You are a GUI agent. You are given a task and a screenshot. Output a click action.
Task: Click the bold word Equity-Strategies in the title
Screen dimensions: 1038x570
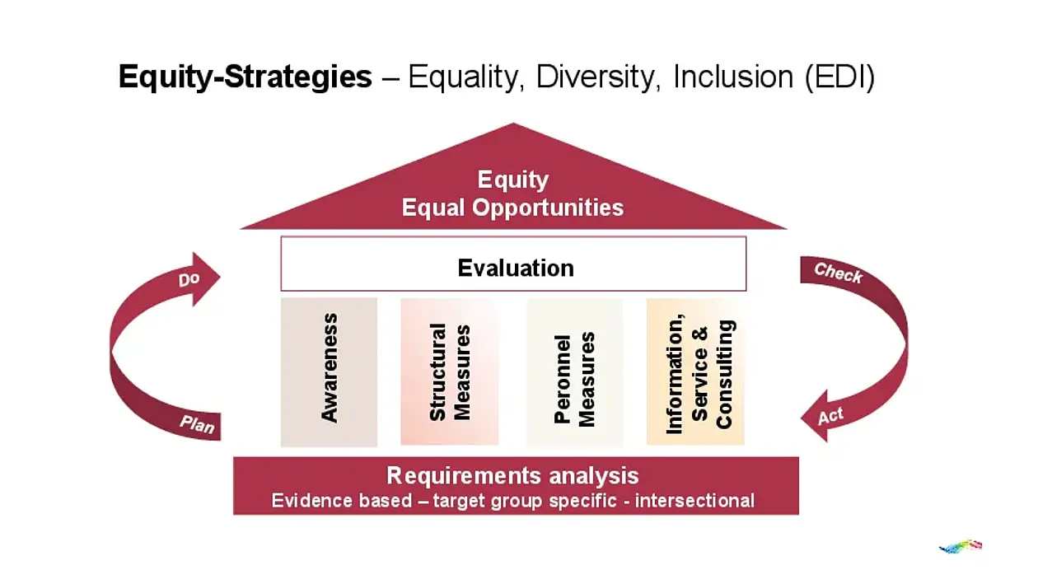245,77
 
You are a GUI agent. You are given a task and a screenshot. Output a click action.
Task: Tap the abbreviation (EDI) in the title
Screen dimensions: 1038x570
839,77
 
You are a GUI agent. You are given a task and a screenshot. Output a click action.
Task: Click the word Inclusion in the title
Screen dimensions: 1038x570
733,77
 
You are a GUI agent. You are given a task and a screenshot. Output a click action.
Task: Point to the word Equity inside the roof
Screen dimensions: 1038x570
513,180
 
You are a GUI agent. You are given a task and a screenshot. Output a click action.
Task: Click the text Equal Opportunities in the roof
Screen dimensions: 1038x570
512,208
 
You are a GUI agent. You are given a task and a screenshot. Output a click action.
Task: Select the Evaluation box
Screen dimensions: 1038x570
513,264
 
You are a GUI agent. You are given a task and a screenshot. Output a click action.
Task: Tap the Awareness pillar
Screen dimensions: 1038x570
329,371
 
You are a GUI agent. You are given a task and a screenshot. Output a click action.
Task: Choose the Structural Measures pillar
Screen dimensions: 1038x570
450,371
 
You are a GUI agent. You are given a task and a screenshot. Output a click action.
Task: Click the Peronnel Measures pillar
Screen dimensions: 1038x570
575,372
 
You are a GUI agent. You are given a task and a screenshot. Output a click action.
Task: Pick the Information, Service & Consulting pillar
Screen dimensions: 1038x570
695,371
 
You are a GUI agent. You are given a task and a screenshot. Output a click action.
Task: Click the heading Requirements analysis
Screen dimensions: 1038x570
512,476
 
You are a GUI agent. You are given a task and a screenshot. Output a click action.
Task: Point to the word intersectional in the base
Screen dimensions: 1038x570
694,501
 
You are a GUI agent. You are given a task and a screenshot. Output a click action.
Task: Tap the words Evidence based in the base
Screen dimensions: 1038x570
342,501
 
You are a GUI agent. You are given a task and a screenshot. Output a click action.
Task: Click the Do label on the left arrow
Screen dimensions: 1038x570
189,280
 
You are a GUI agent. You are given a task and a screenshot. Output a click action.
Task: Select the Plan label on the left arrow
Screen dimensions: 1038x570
198,424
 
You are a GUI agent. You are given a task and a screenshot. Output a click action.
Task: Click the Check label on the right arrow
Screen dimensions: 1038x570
839,273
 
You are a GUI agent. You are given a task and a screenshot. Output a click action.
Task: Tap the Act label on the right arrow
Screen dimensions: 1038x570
830,416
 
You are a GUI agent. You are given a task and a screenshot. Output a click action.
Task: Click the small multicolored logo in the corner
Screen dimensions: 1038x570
961,546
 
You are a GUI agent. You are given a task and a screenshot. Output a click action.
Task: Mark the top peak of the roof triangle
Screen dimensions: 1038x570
513,123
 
